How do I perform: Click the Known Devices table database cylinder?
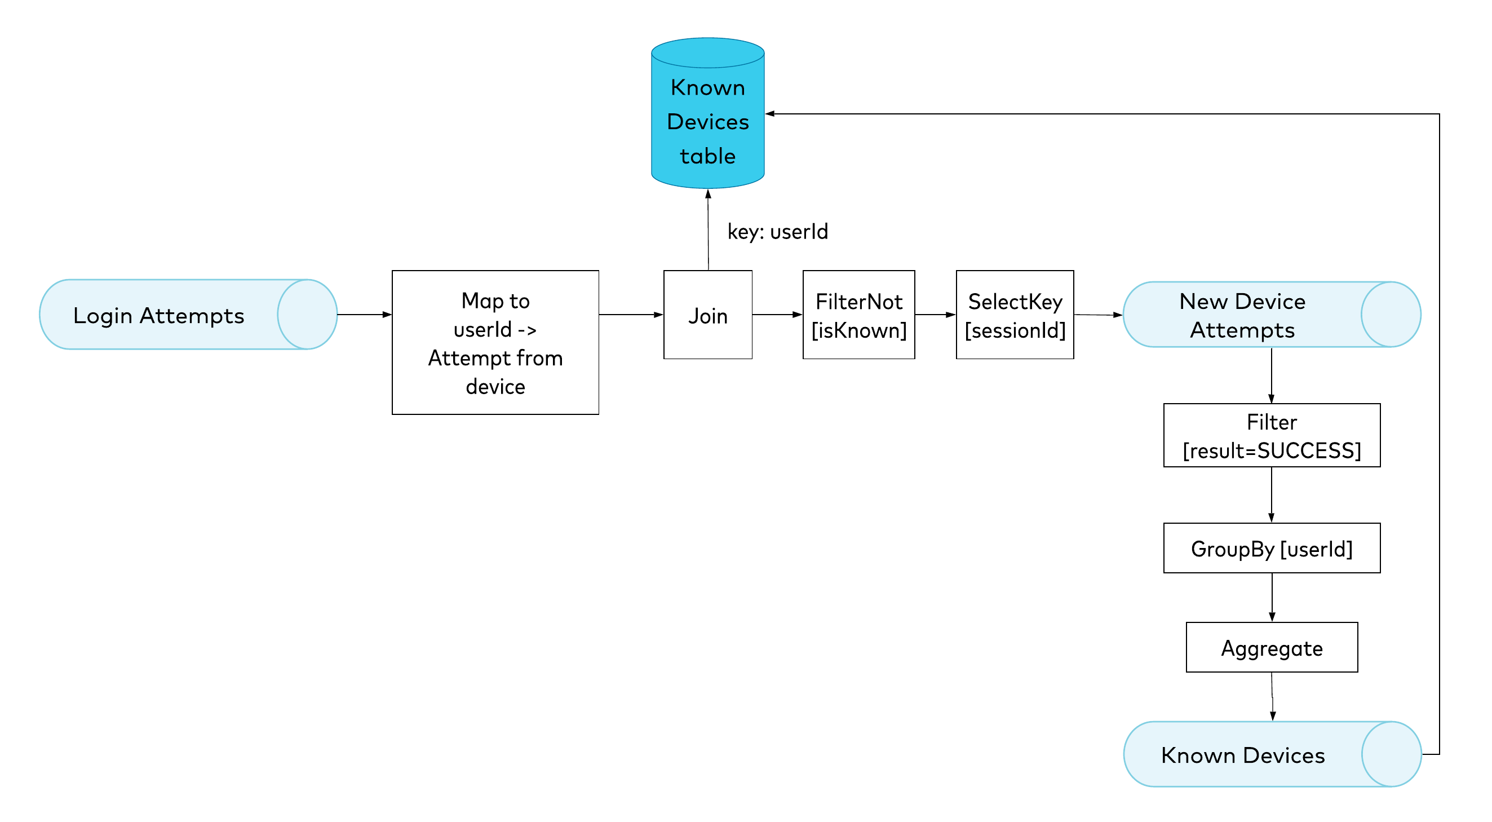[708, 113]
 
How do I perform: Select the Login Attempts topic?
[188, 315]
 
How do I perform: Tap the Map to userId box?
[495, 342]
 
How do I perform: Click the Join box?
[708, 315]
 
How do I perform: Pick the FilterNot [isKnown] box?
[859, 315]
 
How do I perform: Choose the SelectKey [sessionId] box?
[1015, 315]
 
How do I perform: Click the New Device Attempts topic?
[1272, 315]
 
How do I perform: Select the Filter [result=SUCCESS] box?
[1272, 436]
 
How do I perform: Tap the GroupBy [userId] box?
[1272, 548]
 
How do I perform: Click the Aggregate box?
[1272, 648]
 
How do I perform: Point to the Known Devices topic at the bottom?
[1273, 754]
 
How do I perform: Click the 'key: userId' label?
[778, 232]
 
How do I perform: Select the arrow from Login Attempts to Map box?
[365, 315]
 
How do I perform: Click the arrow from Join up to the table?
[708, 229]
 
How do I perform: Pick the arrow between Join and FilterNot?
[778, 315]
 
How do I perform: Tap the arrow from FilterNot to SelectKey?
[936, 315]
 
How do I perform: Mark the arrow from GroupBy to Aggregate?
[1272, 598]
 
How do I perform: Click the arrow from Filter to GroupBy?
[1272, 494]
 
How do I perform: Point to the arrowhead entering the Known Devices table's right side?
[771, 113]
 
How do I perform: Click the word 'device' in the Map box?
[495, 386]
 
